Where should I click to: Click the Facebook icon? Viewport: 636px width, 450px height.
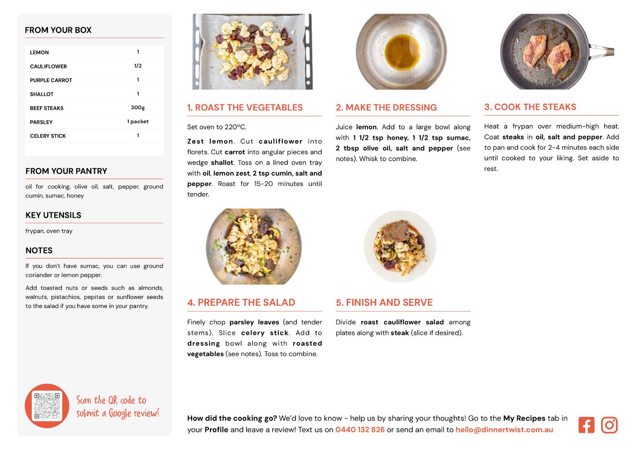[x=586, y=425]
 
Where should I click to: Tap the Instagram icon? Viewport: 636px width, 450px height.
[x=609, y=425]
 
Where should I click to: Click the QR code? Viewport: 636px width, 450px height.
[x=47, y=406]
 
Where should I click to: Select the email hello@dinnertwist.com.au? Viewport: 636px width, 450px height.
[x=504, y=430]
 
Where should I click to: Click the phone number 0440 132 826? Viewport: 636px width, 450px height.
[x=360, y=430]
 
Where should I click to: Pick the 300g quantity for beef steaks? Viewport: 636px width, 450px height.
[x=138, y=108]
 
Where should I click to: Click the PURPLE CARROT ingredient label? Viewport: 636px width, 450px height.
[x=51, y=80]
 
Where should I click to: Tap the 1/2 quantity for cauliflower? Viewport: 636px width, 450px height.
[x=138, y=66]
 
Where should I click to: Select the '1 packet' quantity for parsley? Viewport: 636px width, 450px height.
[x=138, y=122]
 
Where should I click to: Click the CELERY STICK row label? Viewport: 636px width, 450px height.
[x=48, y=136]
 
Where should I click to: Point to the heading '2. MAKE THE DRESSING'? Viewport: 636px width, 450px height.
[x=386, y=108]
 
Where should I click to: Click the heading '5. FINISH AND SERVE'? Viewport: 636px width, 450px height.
[x=384, y=302]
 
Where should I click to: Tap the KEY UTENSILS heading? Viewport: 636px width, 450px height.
[x=53, y=215]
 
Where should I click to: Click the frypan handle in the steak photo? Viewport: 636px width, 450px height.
[x=602, y=52]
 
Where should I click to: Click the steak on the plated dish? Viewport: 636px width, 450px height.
[x=396, y=231]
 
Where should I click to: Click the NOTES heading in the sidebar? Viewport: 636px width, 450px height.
[x=39, y=250]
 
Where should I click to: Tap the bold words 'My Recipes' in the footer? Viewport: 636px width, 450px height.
[x=524, y=418]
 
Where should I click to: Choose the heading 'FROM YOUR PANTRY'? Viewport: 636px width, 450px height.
[x=67, y=171]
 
